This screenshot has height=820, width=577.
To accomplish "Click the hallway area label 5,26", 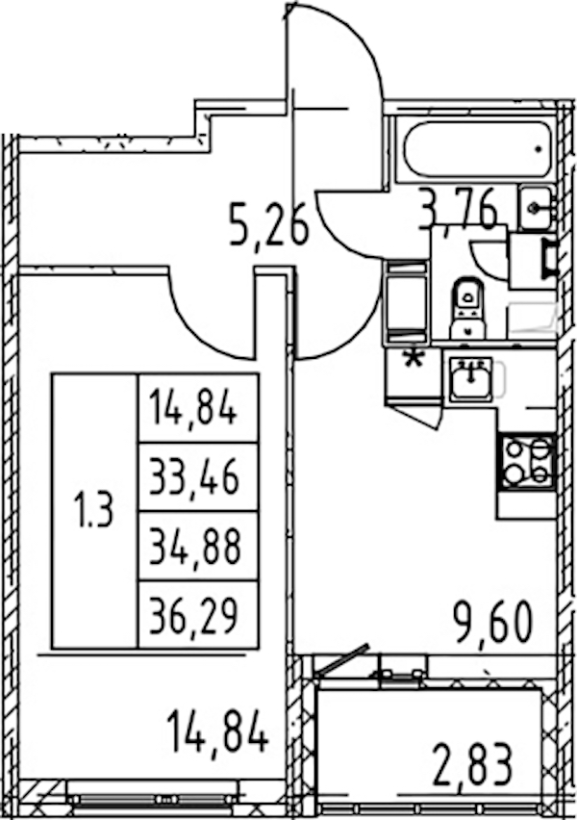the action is point(268,225).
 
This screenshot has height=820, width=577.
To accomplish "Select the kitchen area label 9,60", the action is point(492,622).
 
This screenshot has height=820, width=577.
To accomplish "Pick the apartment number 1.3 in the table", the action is point(95,510).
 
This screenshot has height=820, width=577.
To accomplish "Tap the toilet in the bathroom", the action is point(467,308).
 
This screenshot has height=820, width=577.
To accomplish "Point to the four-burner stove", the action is point(527,462).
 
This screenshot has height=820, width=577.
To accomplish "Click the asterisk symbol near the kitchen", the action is point(414,360).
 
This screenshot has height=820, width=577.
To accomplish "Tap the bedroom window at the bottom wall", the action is point(154,800).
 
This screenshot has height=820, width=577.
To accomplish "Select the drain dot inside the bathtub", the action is point(539,149).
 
